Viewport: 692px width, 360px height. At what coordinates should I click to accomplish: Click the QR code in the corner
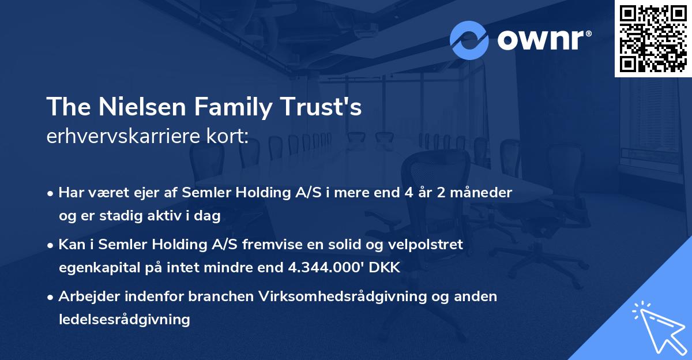pyautogui.click(x=653, y=38)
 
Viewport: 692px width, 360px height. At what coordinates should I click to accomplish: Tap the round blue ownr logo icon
pyautogui.click(x=469, y=40)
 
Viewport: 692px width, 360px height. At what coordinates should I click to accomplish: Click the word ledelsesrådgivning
pyautogui.click(x=124, y=319)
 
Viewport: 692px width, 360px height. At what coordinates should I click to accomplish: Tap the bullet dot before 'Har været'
pyautogui.click(x=51, y=193)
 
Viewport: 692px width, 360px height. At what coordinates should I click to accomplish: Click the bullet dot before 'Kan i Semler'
pyautogui.click(x=51, y=245)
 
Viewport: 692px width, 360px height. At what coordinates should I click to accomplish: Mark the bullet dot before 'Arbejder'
pyautogui.click(x=51, y=297)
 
